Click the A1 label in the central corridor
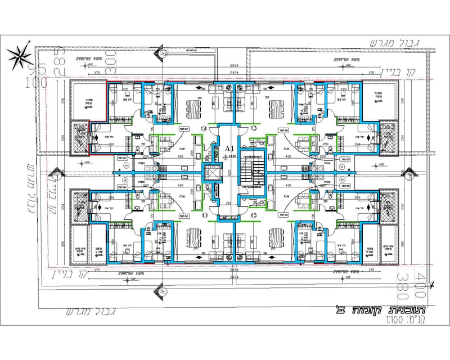click(229, 148)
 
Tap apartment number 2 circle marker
click(254, 215)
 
